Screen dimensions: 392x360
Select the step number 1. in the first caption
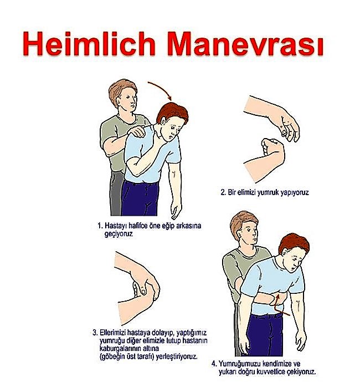100,226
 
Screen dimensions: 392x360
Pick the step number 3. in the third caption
95,333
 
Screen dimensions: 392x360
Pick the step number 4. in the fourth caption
214,364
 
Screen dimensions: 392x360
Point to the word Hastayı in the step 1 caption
117,226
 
